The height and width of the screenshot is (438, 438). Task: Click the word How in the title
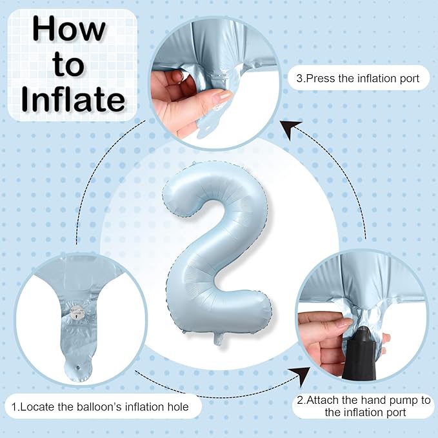point(69,29)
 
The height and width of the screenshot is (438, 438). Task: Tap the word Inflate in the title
point(73,99)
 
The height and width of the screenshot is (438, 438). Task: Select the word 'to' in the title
point(68,65)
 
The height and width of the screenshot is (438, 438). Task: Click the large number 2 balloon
point(217,252)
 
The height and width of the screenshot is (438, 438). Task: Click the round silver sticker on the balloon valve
point(77,312)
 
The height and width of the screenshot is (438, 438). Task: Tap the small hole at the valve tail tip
point(78,368)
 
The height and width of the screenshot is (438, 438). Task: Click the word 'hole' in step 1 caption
point(178,406)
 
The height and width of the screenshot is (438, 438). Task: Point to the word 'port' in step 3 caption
point(410,79)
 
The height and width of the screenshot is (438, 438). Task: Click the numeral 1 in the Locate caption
point(14,406)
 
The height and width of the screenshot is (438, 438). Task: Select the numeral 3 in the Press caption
point(300,79)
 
